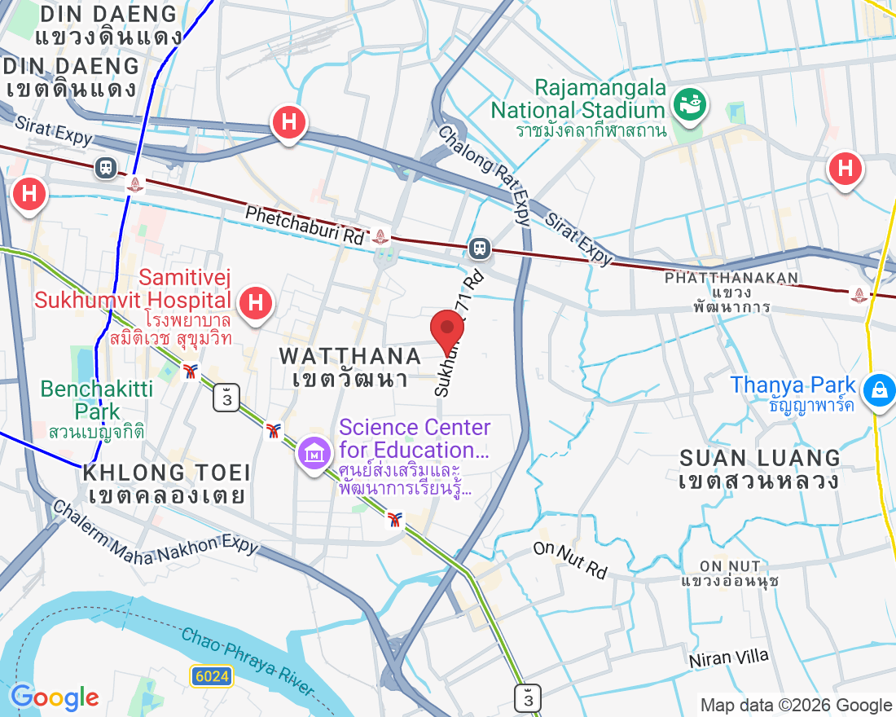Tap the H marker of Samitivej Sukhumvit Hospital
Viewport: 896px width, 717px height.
pos(256,303)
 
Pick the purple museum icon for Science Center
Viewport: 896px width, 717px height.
pos(314,452)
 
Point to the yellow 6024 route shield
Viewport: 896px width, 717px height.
pos(213,675)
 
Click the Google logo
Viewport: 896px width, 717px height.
pos(55,697)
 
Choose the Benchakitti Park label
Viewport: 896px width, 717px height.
pos(96,399)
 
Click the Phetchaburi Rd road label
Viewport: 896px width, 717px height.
pos(305,225)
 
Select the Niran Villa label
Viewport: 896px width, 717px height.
pos(728,658)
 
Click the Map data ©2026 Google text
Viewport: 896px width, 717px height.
pos(796,706)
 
